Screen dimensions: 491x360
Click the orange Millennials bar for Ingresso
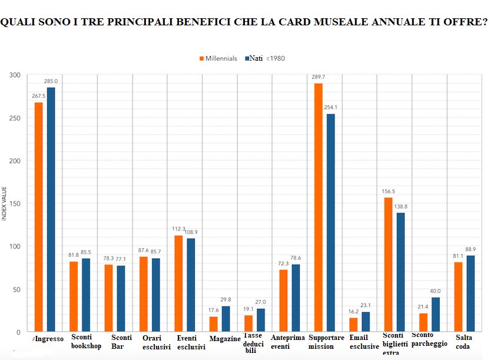pyautogui.click(x=39, y=217)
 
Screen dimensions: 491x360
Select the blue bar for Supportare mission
pyautogui.click(x=331, y=223)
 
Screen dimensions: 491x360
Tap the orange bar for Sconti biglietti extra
pyautogui.click(x=389, y=265)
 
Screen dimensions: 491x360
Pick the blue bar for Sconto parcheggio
pyautogui.click(x=436, y=314)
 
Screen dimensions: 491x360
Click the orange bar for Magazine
pyautogui.click(x=214, y=324)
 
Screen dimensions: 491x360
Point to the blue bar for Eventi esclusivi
pyautogui.click(x=191, y=285)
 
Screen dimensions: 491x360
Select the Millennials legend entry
pyautogui.click(x=218, y=58)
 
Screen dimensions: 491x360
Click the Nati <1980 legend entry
pyautogui.click(x=265, y=58)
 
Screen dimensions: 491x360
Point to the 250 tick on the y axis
pyautogui.click(x=15, y=118)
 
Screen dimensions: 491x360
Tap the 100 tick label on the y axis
pyautogui.click(x=15, y=246)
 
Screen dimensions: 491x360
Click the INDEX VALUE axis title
pyautogui.click(x=4, y=204)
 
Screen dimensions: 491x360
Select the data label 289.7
pyautogui.click(x=318, y=77)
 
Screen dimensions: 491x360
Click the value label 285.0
pyautogui.click(x=51, y=81)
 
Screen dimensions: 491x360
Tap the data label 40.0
pyautogui.click(x=435, y=291)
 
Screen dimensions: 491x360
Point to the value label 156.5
pyautogui.click(x=389, y=191)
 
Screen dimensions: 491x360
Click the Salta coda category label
pyautogui.click(x=464, y=342)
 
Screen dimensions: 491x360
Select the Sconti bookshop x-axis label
pyautogui.click(x=86, y=342)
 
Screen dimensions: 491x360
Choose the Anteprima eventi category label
pyautogui.click(x=288, y=342)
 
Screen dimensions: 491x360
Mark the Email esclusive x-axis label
pyautogui.click(x=364, y=342)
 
